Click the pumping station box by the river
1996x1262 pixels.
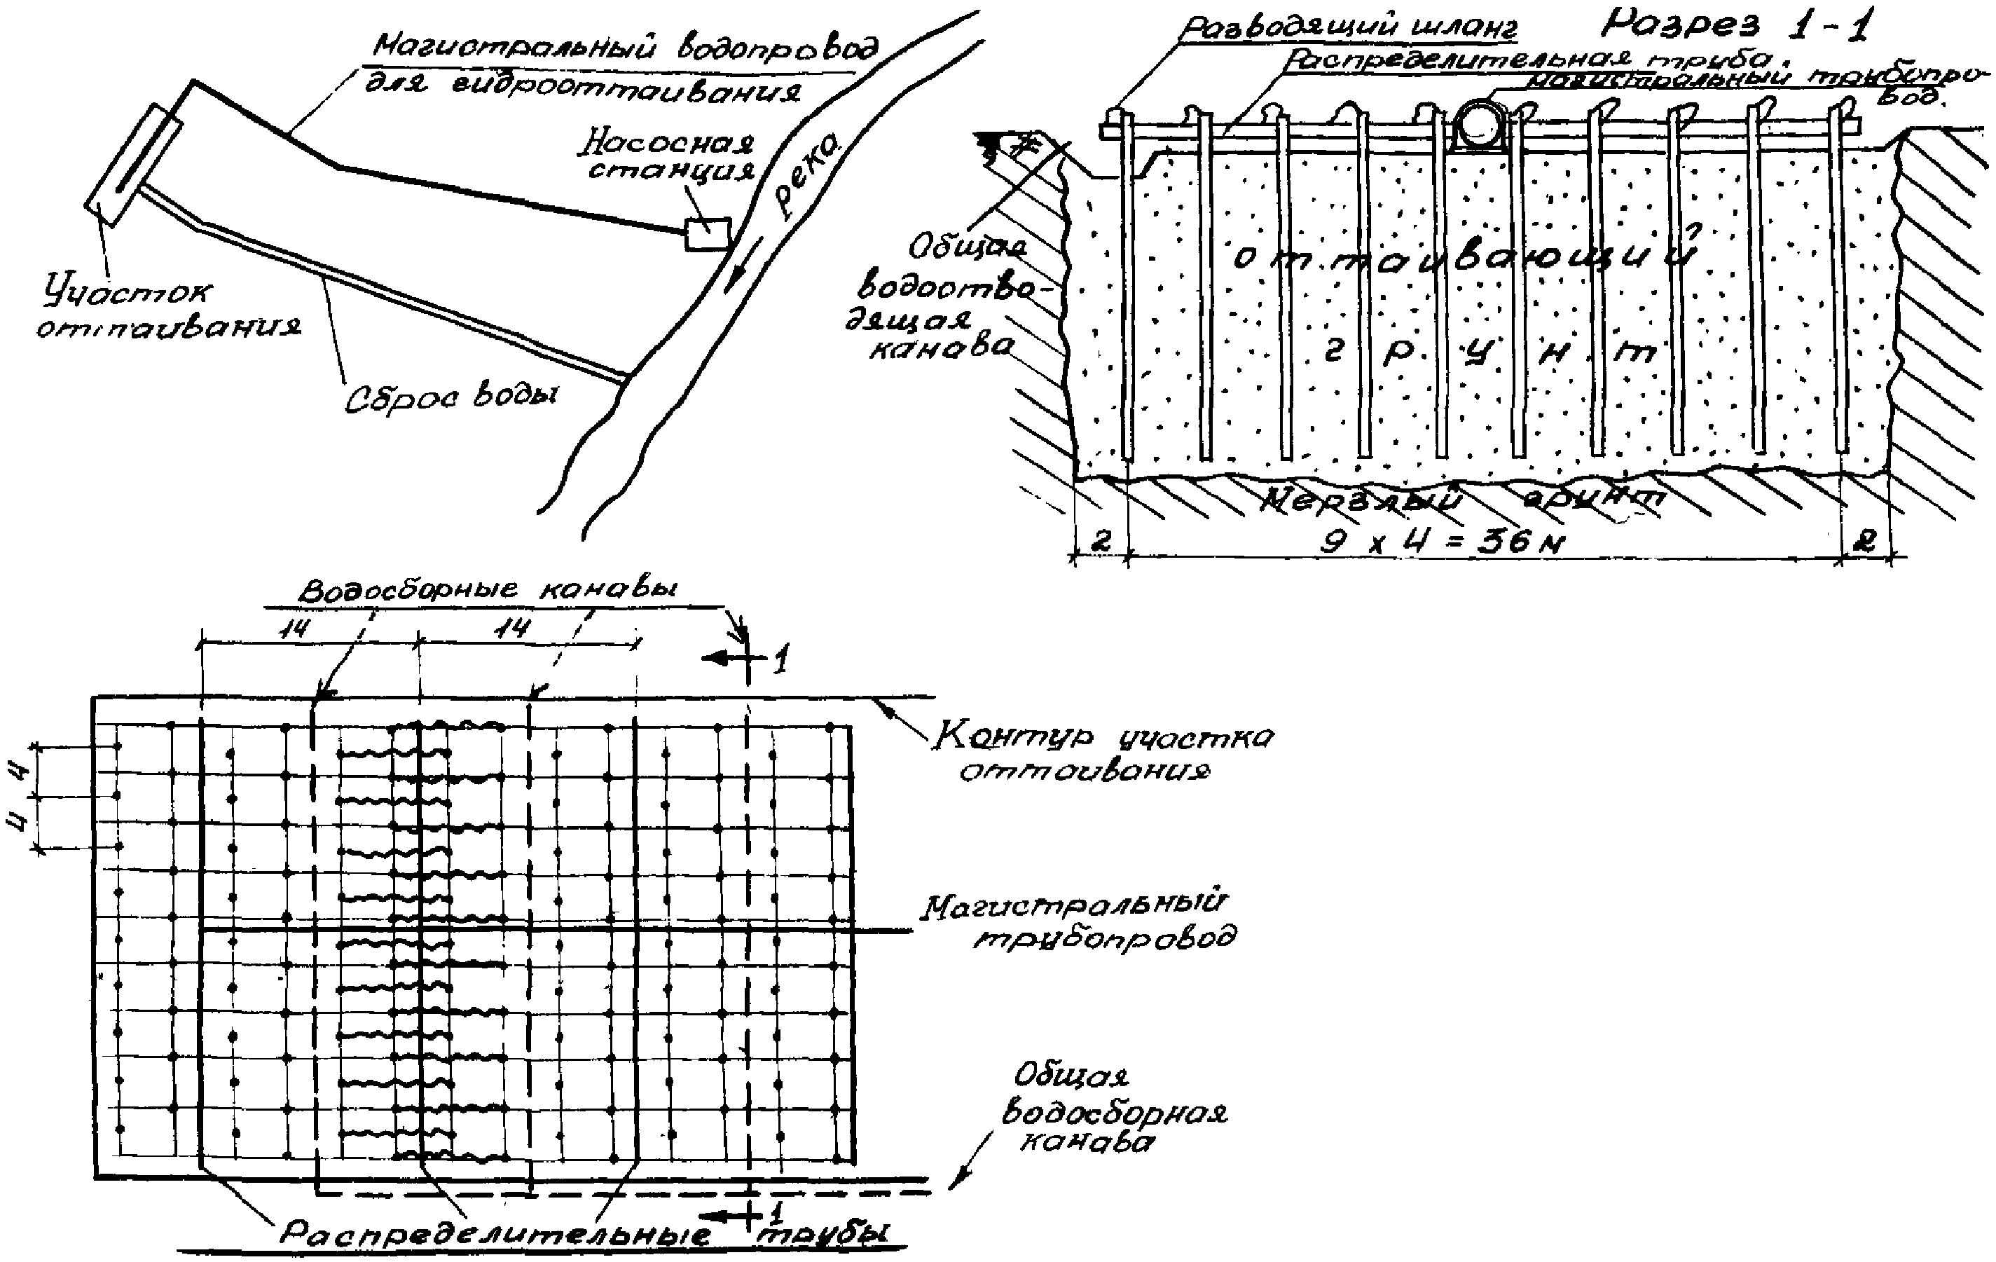tap(707, 234)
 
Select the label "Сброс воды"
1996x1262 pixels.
tap(452, 397)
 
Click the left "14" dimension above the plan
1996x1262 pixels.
tap(294, 629)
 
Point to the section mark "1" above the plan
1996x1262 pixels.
tap(778, 661)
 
